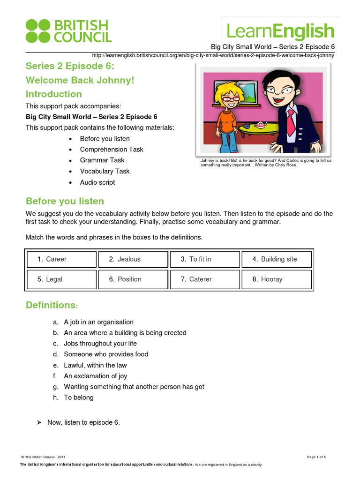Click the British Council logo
tap(68, 31)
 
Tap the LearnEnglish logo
tap(280, 31)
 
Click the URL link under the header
tap(213, 55)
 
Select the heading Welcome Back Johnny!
tap(80, 80)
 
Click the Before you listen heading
tap(65, 201)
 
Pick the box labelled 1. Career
tap(61, 259)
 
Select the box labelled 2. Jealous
tap(133, 259)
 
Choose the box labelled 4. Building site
tap(277, 259)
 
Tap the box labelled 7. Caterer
tap(205, 279)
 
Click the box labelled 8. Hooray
tap(277, 279)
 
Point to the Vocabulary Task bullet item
tap(105, 171)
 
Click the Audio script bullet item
tap(97, 182)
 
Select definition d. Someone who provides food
tap(106, 354)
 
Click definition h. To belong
tap(79, 397)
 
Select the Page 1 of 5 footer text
tap(316, 457)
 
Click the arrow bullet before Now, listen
tap(39, 423)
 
